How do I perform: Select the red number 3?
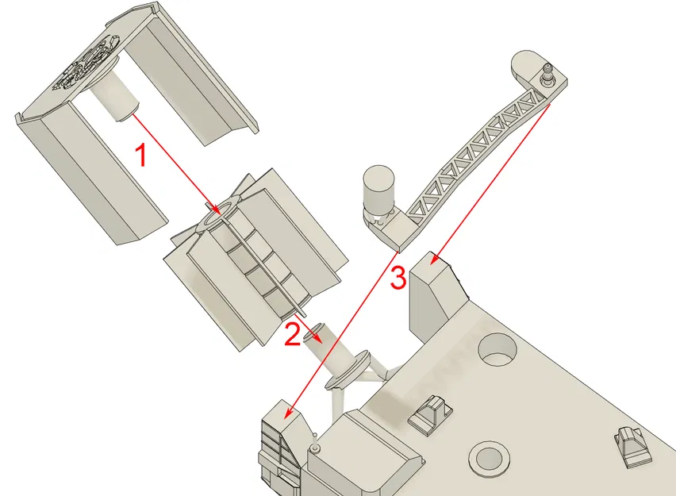[398, 278]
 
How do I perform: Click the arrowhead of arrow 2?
[317, 337]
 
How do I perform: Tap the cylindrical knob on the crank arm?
[378, 187]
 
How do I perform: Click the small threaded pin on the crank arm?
[546, 75]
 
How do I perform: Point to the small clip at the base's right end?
[633, 444]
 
